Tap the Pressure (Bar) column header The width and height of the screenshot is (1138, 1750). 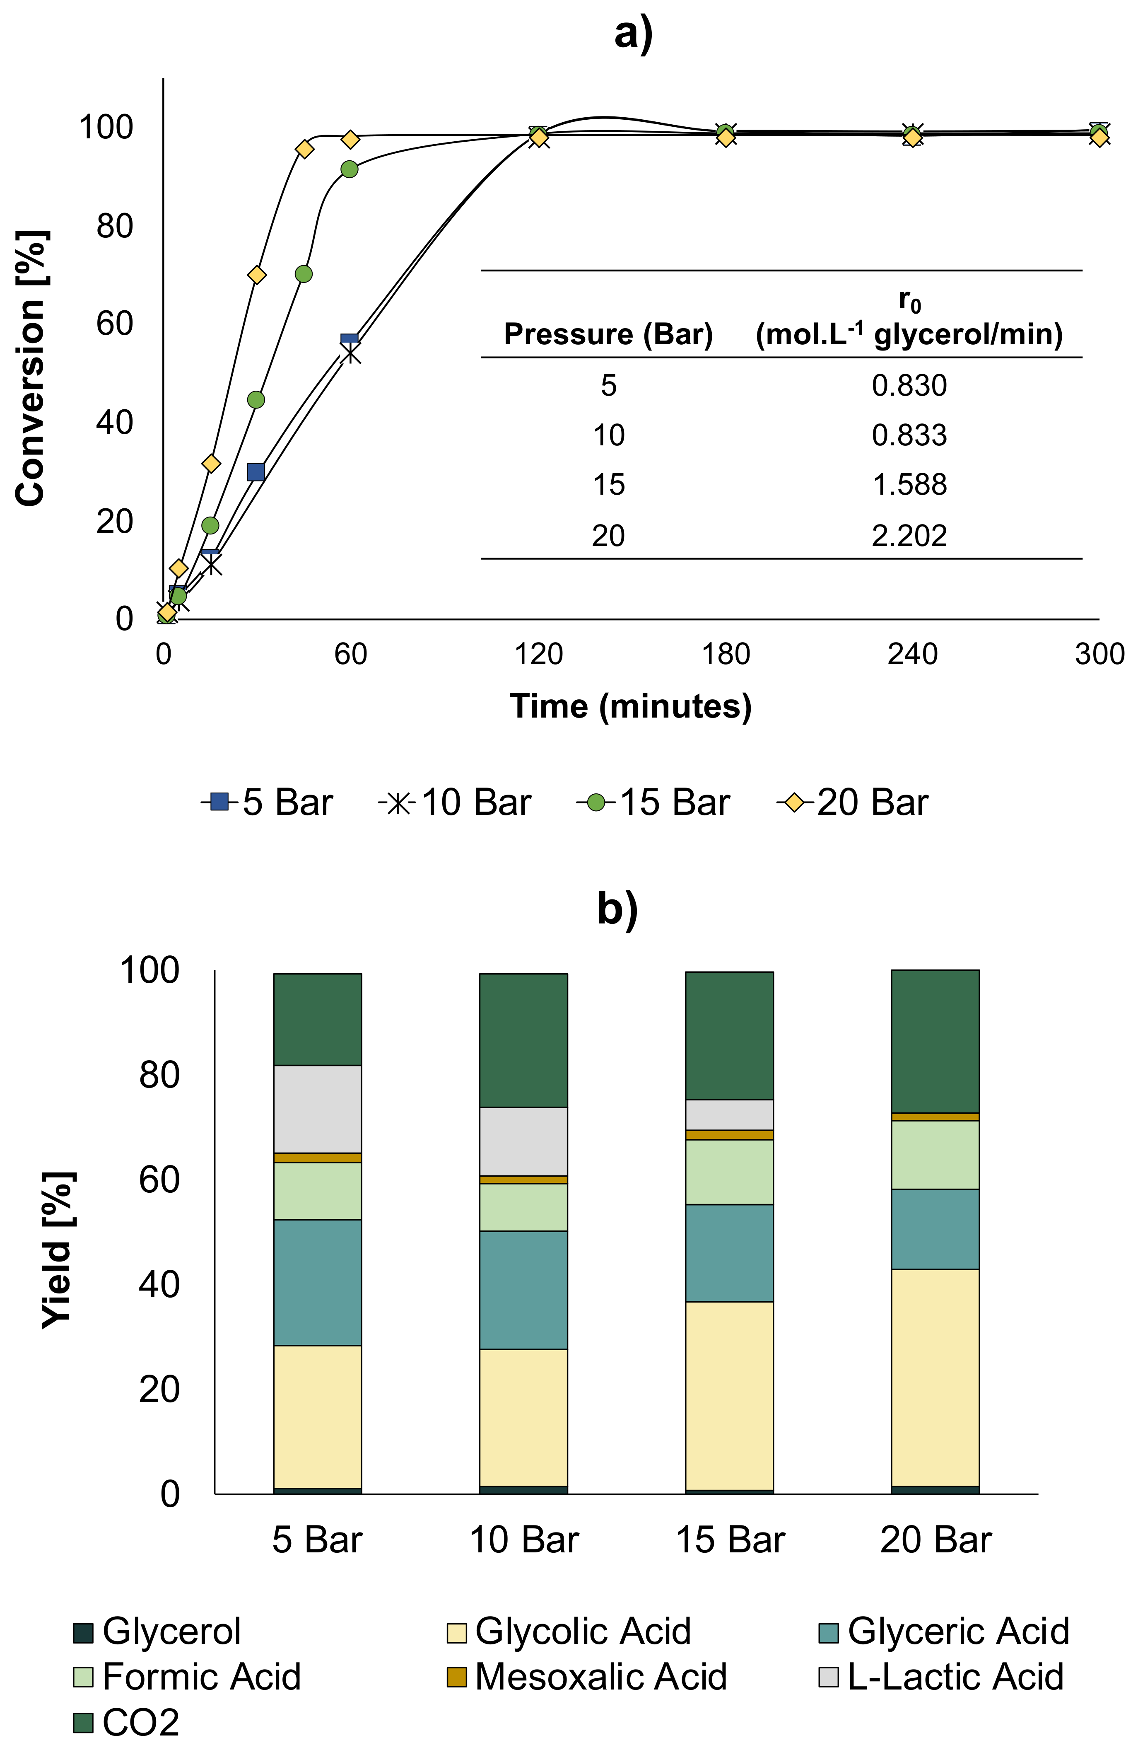pyautogui.click(x=608, y=335)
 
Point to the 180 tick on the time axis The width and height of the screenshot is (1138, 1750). pyautogui.click(x=726, y=654)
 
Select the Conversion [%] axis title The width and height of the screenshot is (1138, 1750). pyautogui.click(x=31, y=367)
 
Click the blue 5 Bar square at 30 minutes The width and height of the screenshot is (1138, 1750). pyautogui.click(x=256, y=472)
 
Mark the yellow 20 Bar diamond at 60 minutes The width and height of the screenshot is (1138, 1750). pyautogui.click(x=351, y=140)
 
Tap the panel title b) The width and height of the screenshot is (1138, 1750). pyautogui.click(x=617, y=909)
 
